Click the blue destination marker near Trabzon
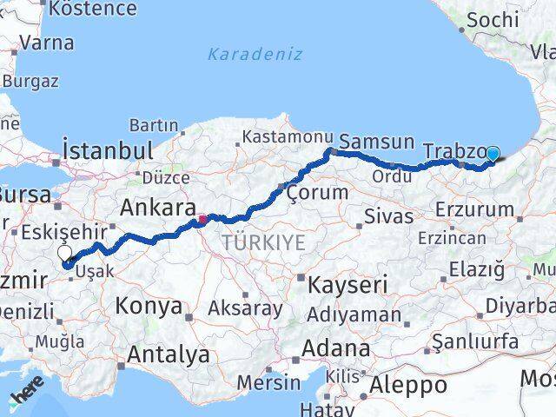pyautogui.click(x=493, y=155)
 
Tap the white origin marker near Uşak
pyautogui.click(x=65, y=254)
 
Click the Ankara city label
pyautogui.click(x=156, y=208)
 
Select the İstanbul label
pyautogui.click(x=109, y=149)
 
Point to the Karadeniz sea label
pyautogui.click(x=255, y=54)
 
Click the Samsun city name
pyautogui.click(x=376, y=142)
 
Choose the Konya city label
pyautogui.click(x=151, y=306)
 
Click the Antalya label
pyautogui.click(x=169, y=354)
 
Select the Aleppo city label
pyautogui.click(x=408, y=385)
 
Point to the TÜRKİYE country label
pyautogui.click(x=263, y=243)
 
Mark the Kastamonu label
pyautogui.click(x=275, y=137)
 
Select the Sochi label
pyautogui.click(x=493, y=19)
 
